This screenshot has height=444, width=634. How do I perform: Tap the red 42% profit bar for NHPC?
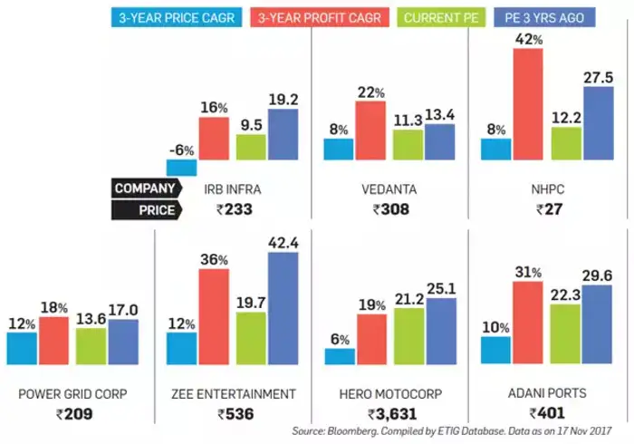coord(527,104)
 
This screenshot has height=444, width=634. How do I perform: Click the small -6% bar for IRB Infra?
coord(182,167)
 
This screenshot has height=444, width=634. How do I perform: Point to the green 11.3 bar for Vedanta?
coord(408,145)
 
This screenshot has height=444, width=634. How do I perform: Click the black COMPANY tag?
coord(143,188)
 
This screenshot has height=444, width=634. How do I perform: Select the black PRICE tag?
coord(143,210)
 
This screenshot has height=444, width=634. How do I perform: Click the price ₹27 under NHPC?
coord(549,210)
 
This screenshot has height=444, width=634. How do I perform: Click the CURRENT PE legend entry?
coord(429,16)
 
